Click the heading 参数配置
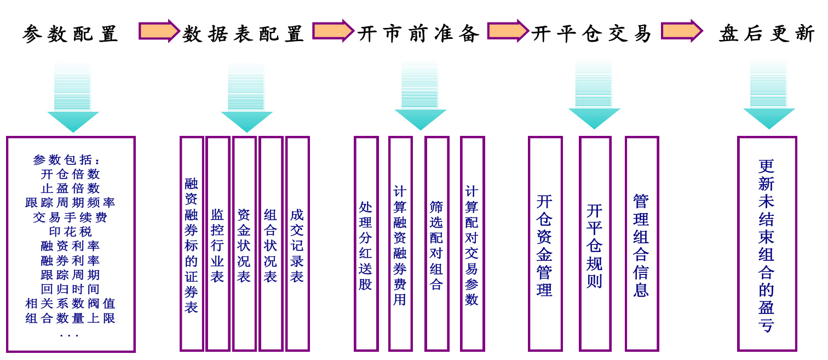click(70, 34)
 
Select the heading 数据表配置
click(243, 34)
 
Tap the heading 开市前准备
click(418, 34)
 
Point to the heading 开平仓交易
click(591, 34)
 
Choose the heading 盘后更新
click(767, 34)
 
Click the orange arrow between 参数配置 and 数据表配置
click(159, 31)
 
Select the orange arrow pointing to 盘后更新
click(681, 31)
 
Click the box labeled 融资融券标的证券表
click(191, 244)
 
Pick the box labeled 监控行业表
click(217, 244)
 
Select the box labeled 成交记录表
click(297, 244)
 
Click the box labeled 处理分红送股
click(366, 244)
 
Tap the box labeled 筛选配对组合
click(436, 244)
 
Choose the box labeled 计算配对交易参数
click(472, 244)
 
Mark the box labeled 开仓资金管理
click(545, 244)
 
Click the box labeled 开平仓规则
click(595, 244)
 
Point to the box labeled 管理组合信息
click(641, 244)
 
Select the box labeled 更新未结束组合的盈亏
click(767, 244)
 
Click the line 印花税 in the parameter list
click(70, 232)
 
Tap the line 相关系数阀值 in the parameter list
click(70, 304)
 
